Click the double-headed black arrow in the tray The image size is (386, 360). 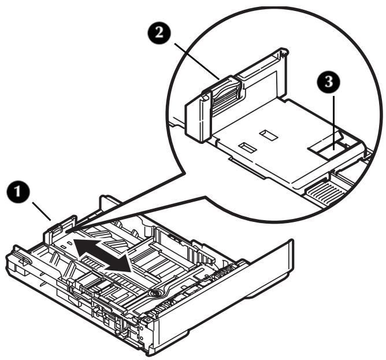[x=101, y=254]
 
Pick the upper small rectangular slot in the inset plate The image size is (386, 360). [x=269, y=135]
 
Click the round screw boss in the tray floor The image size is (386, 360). [x=155, y=294]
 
